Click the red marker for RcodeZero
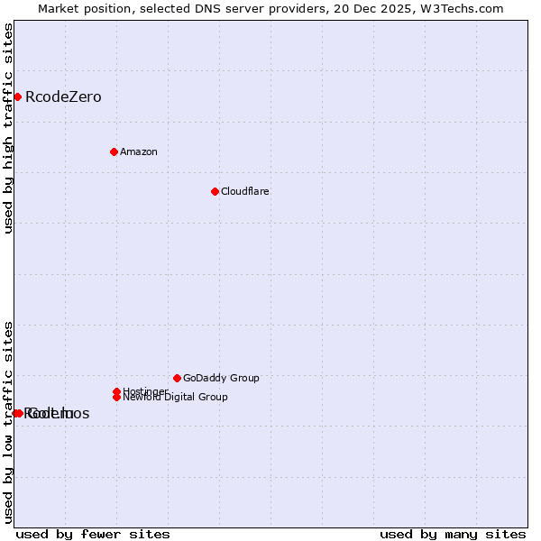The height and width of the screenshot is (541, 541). (x=17, y=96)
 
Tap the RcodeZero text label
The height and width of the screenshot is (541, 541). (x=63, y=97)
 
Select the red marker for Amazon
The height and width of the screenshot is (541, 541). (x=114, y=151)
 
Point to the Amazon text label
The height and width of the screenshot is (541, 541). (x=139, y=151)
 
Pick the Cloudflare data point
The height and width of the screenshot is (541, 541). (x=215, y=191)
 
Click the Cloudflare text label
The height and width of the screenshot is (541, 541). (x=245, y=191)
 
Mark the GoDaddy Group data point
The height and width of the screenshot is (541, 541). (x=177, y=378)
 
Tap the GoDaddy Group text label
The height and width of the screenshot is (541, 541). (x=221, y=379)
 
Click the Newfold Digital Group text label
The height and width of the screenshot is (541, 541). (x=175, y=397)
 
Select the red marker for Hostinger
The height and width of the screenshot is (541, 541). (x=116, y=391)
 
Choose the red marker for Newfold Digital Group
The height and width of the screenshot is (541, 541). (x=116, y=397)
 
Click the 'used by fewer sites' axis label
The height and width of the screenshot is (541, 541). (x=93, y=534)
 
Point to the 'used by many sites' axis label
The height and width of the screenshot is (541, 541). (x=453, y=534)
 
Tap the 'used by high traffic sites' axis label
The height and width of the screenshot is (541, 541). (x=9, y=129)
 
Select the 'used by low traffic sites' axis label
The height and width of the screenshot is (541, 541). (x=9, y=422)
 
